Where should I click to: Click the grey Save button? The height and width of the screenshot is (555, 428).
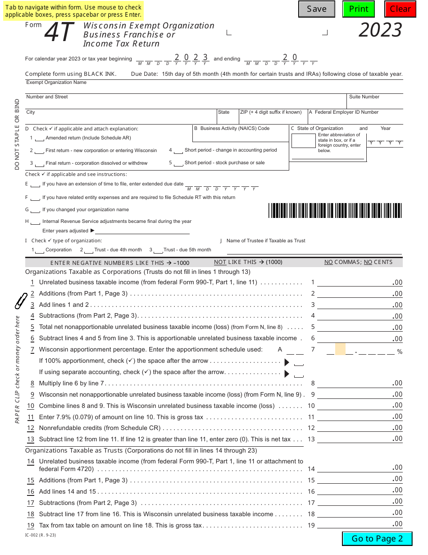coord(316,9)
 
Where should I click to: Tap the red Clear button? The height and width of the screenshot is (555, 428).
coord(400,9)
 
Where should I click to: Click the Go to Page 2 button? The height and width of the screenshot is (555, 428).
coord(377,538)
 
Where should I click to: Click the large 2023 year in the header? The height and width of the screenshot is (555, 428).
coord(380,30)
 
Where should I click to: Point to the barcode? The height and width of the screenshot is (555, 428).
coord(335,211)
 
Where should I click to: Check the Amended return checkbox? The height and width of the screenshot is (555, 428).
coord(39,139)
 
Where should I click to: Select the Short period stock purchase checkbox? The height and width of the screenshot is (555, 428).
coord(178,163)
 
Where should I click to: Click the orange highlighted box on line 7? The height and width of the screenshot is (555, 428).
coord(340,349)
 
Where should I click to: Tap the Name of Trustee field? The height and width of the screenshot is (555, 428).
coord(311,249)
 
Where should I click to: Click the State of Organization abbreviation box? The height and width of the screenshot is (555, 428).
coord(303,141)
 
